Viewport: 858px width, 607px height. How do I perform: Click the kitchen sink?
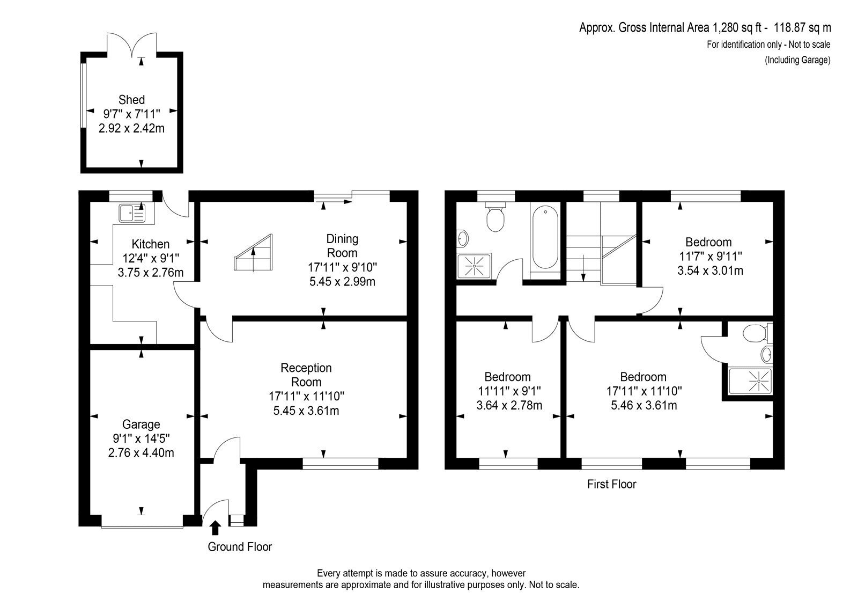[132, 213]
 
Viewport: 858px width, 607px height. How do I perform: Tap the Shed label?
[131, 100]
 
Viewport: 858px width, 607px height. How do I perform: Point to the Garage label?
[141, 425]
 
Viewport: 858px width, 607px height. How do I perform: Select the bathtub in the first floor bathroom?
[545, 237]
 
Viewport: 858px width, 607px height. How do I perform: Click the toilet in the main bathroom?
[495, 217]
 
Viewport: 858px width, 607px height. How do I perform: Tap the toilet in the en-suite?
[758, 333]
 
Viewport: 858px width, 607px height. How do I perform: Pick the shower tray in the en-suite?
[750, 381]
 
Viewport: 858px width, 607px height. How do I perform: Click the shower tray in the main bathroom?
[474, 265]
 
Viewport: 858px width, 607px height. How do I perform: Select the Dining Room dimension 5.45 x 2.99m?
[342, 281]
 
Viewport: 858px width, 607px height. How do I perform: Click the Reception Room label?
[306, 375]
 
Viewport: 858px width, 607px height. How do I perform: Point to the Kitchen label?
[151, 244]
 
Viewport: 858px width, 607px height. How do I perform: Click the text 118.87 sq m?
[802, 27]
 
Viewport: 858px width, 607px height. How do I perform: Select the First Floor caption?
[611, 484]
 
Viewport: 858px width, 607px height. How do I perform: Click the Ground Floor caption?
[240, 547]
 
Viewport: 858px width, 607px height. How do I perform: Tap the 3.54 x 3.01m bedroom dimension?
[710, 270]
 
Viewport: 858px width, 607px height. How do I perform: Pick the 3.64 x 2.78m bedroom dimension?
[509, 405]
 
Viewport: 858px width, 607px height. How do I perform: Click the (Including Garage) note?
[797, 60]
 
